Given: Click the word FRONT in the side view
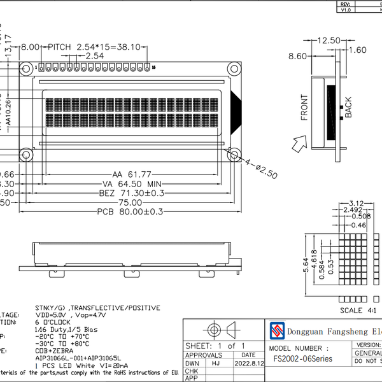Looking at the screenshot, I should [x=304, y=107].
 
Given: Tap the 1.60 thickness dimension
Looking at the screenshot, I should [x=358, y=50].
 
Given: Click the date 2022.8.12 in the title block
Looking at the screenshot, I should [x=248, y=364].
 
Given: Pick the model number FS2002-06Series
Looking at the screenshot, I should [x=303, y=359].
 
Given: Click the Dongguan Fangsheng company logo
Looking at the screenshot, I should [x=276, y=330].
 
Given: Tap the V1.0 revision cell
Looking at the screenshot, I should [x=346, y=10].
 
